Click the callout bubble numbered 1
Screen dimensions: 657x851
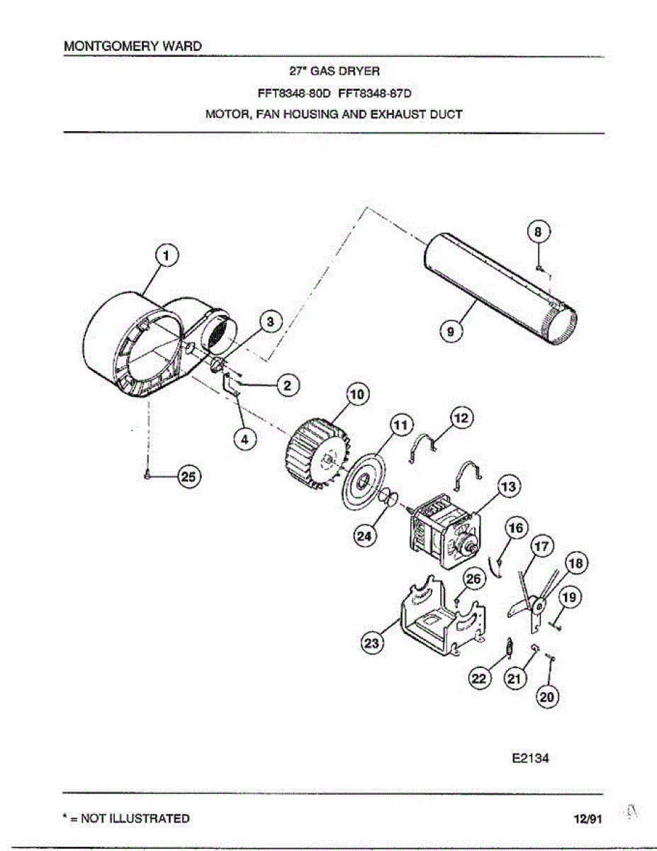167,256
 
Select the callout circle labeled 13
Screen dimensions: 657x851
508,487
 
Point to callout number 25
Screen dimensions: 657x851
189,477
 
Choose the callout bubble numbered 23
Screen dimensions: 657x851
372,644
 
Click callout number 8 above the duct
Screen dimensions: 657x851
539,232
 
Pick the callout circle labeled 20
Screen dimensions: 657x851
547,697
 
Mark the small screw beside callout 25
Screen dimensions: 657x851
147,477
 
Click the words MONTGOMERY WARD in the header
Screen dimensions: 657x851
133,45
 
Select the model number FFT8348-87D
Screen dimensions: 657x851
375,92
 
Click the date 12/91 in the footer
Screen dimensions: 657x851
588,819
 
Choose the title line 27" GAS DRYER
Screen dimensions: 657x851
335,71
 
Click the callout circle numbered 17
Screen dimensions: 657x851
541,547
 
